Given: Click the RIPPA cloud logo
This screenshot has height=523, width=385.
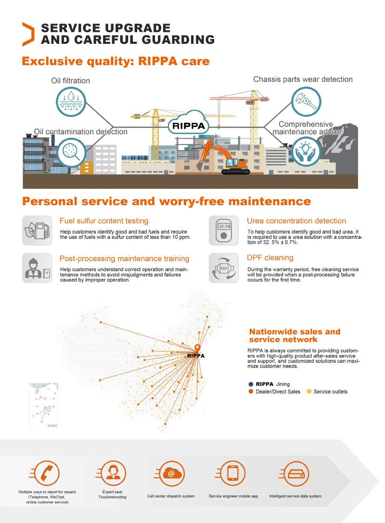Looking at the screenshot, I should click(188, 126).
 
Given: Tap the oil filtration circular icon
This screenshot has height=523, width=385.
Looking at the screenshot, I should click(71, 102).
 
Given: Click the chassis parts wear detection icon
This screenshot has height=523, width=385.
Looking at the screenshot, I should click(306, 102).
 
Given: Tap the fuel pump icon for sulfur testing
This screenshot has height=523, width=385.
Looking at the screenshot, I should click(37, 231).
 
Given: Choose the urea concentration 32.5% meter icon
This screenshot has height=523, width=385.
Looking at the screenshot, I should click(224, 231).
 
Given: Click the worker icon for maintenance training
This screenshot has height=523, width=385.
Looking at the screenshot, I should click(37, 268).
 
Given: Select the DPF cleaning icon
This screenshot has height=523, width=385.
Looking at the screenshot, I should click(224, 268).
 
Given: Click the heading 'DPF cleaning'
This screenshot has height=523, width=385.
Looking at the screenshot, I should click(270, 258).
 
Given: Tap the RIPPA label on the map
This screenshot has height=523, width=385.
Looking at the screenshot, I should click(196, 356).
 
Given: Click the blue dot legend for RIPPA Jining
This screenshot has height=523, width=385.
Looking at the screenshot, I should click(251, 384).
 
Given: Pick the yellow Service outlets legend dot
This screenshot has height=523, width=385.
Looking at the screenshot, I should click(309, 392).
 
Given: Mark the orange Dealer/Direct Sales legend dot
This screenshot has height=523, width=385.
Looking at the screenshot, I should click(251, 392).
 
